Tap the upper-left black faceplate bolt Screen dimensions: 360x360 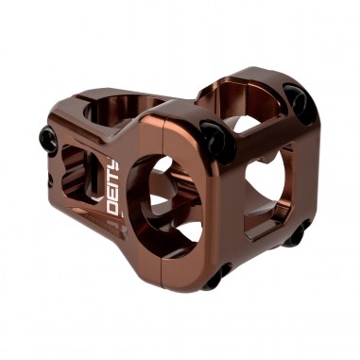211,140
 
